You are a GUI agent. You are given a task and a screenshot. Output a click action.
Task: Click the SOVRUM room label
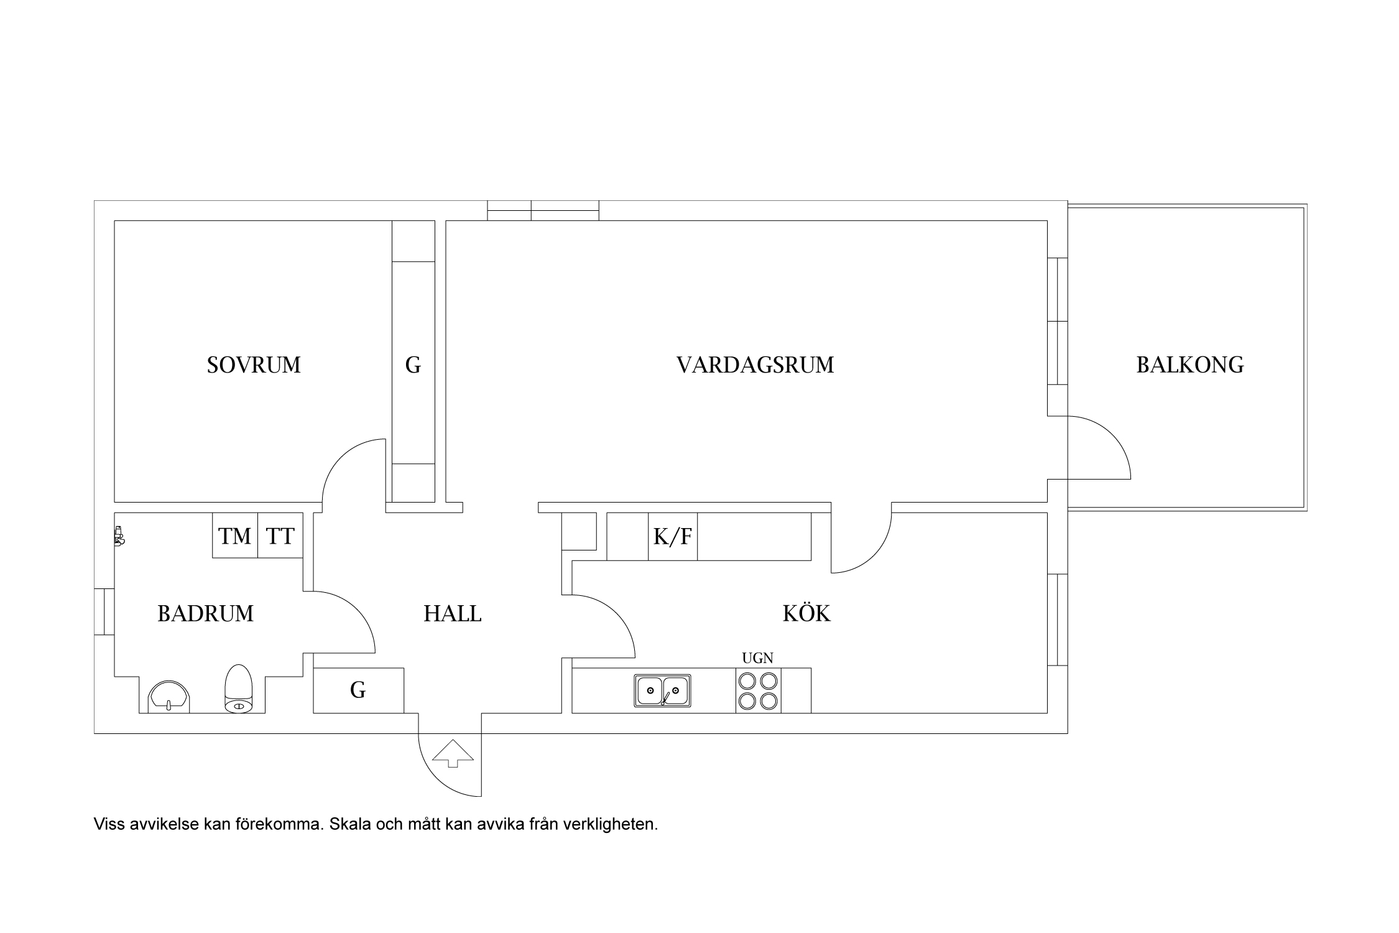coord(254,365)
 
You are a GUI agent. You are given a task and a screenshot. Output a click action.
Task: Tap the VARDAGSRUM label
coord(755,365)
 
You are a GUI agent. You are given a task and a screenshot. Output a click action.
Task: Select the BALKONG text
coord(1189,365)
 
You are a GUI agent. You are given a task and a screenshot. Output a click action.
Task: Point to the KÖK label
coord(806,614)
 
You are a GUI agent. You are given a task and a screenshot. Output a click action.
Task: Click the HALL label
coord(453,615)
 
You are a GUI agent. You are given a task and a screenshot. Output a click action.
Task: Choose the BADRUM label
coord(205,614)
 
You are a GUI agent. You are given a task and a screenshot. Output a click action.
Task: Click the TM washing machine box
coord(235,536)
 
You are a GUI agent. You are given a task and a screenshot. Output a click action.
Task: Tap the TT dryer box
coord(280,536)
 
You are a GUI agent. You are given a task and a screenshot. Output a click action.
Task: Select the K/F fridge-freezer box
coord(672,536)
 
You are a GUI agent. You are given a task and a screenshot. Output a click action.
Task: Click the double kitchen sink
coord(662,690)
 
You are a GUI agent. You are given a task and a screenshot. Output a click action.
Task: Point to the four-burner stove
coord(758,690)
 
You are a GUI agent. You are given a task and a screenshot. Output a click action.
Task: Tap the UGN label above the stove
coord(757,659)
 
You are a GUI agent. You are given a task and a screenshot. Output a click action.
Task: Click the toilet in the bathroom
coord(238,689)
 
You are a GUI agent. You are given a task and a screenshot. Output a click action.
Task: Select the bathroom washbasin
coord(169,696)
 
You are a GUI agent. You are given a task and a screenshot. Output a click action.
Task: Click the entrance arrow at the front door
coord(453,753)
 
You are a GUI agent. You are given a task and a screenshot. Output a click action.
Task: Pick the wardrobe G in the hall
coord(358,690)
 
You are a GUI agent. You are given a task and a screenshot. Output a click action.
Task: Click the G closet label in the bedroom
coord(413,365)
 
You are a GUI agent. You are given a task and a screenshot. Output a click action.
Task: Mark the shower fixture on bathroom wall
coord(119,536)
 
